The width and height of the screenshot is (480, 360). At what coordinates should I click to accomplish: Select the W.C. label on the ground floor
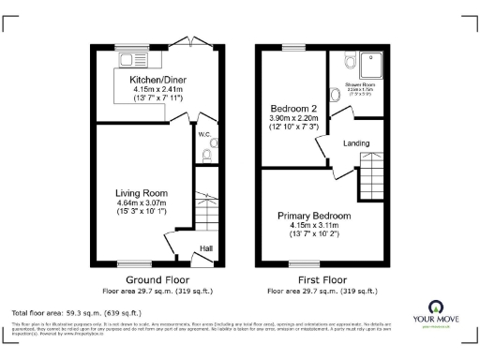coord(203,134)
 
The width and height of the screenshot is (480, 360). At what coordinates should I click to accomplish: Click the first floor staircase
coord(373,173)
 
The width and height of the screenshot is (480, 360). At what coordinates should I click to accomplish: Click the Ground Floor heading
coord(157,279)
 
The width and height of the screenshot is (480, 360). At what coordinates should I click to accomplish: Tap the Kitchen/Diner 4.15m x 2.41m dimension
coord(157,91)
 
